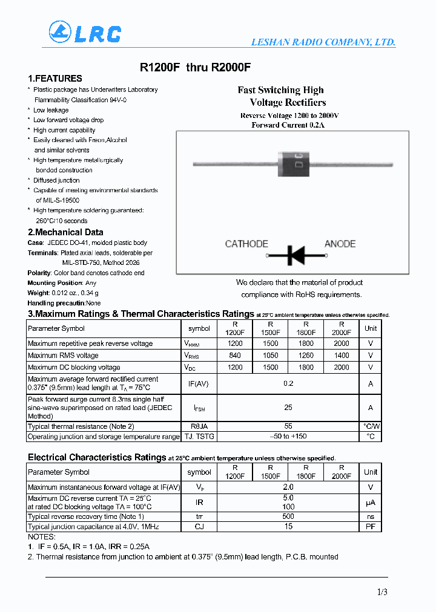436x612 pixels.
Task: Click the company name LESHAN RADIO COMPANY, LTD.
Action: pyautogui.click(x=323, y=42)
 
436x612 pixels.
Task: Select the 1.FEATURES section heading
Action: pyautogui.click(x=55, y=79)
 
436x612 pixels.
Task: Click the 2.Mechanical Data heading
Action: pyautogui.click(x=65, y=232)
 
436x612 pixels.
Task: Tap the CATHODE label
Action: pyautogui.click(x=246, y=244)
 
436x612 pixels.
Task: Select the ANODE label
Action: pyautogui.click(x=340, y=244)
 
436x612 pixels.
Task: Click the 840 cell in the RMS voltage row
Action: pyautogui.click(x=235, y=356)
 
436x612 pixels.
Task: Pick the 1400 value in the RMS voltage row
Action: pyautogui.click(x=342, y=356)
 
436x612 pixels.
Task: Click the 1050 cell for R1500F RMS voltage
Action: pyautogui.click(x=271, y=356)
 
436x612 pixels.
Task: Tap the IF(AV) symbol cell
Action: pyautogui.click(x=199, y=383)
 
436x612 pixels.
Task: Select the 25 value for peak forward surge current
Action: pyautogui.click(x=288, y=408)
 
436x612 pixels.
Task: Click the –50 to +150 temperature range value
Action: pyautogui.click(x=288, y=436)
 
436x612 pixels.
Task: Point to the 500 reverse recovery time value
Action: pyautogui.click(x=288, y=516)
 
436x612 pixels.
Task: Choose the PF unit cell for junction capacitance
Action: pyautogui.click(x=371, y=527)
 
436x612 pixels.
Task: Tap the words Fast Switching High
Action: pyautogui.click(x=280, y=90)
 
